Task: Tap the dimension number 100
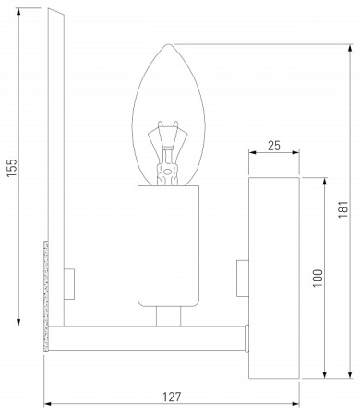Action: (x=317, y=279)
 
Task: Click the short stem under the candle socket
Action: (x=168, y=315)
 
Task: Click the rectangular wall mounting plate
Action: (x=274, y=277)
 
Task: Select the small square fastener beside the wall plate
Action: (x=243, y=274)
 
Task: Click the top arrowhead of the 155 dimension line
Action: (x=19, y=11)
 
